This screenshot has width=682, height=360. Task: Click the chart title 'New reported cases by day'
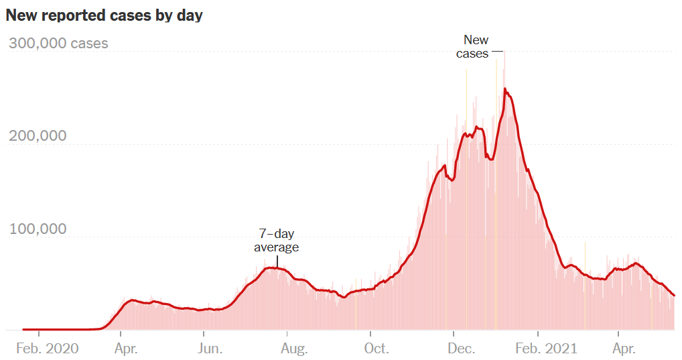[x=104, y=15]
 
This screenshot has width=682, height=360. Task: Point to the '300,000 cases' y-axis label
[x=58, y=44]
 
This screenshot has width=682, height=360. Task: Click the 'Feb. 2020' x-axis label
[x=46, y=349]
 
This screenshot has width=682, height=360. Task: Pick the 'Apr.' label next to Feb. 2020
[x=127, y=349]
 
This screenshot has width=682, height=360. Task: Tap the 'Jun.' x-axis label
[x=210, y=349]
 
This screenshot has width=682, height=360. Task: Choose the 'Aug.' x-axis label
[x=294, y=349]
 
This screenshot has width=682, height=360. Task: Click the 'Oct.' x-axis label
[x=377, y=349]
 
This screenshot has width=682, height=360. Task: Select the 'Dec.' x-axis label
[x=461, y=349]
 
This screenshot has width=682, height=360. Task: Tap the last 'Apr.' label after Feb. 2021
[x=624, y=349]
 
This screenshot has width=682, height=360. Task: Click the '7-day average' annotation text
[x=276, y=240]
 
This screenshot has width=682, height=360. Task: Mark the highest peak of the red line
[x=504, y=89]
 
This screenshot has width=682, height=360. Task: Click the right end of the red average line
[x=674, y=295]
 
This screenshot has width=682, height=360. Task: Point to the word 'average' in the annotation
[x=276, y=247]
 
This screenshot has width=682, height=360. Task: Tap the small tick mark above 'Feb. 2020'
[x=39, y=333]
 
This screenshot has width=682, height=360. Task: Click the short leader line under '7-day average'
[x=277, y=261]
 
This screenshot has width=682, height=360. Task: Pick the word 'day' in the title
[x=189, y=15]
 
